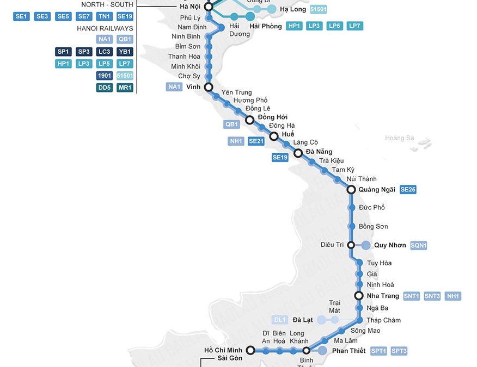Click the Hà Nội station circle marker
coord(208,7)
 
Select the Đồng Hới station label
coord(273,117)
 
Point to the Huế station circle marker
coord(274,136)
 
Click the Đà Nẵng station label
coord(319,152)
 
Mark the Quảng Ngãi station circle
coord(351,190)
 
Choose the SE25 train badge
coord(408,189)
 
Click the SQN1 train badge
coord(419,245)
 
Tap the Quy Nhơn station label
coord(390,245)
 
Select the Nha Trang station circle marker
coord(359,296)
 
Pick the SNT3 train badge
coord(432,296)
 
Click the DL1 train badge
coord(280,320)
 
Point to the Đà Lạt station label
coord(303,320)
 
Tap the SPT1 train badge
coord(378,351)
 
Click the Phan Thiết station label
coord(348,351)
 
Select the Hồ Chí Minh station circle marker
coord(251,350)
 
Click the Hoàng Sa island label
coord(399,138)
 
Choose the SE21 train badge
coord(256,141)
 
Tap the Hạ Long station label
coord(293,9)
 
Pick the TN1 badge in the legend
coord(104,16)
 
